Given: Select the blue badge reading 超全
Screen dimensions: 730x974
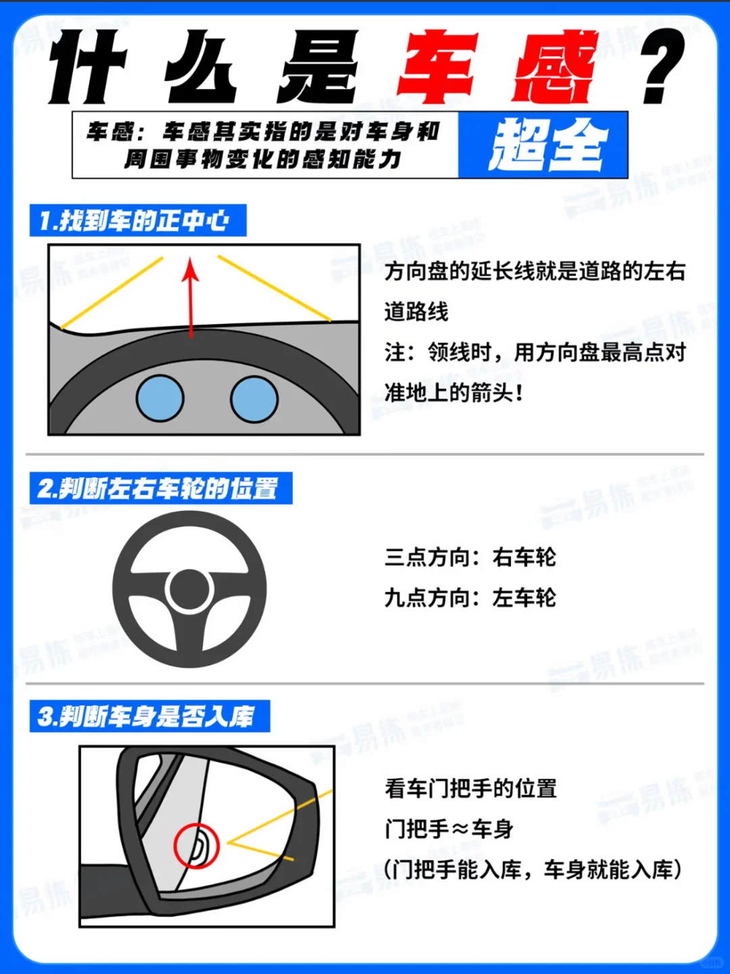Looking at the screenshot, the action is coord(543,145).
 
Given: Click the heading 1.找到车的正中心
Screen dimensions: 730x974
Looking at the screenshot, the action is coord(138,221).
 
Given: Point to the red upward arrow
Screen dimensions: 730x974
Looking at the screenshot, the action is coord(191,298).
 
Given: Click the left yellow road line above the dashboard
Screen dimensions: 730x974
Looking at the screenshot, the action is coord(112,292).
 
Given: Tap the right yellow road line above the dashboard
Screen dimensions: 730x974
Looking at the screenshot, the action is coord(274,287).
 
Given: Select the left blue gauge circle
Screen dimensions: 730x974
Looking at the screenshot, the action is coord(160,398).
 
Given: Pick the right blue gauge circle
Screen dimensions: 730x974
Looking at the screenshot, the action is coord(254,399).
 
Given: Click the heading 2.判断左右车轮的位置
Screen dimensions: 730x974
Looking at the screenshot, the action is coord(161,488).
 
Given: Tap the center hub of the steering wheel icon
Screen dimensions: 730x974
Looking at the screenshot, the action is coord(190,590).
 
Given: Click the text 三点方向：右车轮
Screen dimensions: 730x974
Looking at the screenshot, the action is coord(470,557).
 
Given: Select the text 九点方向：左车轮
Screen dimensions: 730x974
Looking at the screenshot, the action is coord(470,598).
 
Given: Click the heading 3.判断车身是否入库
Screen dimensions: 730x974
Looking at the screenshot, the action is coord(150,716).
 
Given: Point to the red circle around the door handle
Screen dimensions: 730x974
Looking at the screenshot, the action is coord(196,845).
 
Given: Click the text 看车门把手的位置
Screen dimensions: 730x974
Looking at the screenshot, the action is coord(470,789).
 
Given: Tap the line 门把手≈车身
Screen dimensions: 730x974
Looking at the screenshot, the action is coord(449,829).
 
